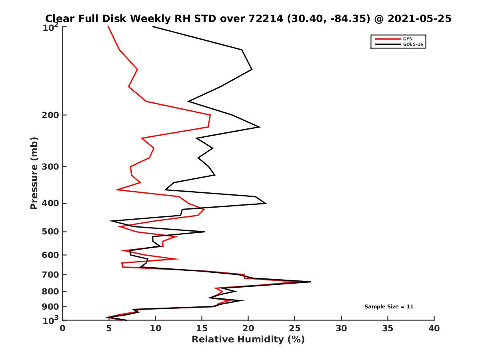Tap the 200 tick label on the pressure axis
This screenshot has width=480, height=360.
coord(49,115)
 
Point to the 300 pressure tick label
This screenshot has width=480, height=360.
coord(49,167)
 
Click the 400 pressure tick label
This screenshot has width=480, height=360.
coord(49,204)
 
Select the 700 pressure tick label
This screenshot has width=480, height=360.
coord(49,275)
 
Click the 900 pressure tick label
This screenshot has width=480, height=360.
coord(49,307)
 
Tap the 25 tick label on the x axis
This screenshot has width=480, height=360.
coord(295,328)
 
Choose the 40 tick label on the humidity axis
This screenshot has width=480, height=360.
coord(434,328)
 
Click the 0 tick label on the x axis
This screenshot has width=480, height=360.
coord(63,328)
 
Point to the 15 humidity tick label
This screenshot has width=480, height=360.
coord(202,328)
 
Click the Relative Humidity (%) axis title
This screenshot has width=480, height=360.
coord(248,340)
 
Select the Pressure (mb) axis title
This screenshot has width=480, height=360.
coord(34,173)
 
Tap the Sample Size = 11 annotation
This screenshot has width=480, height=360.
coord(388,307)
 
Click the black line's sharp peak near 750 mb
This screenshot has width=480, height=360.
coord(310,282)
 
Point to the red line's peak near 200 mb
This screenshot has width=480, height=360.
coord(210,115)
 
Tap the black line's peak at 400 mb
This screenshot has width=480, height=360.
coord(266,204)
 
